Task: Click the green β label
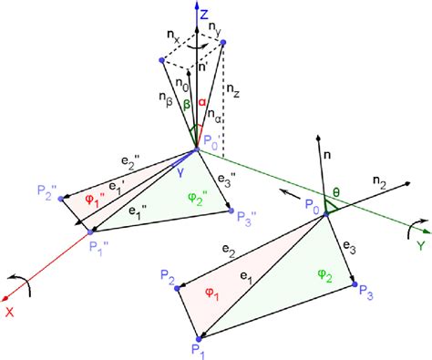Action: pos(187,106)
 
